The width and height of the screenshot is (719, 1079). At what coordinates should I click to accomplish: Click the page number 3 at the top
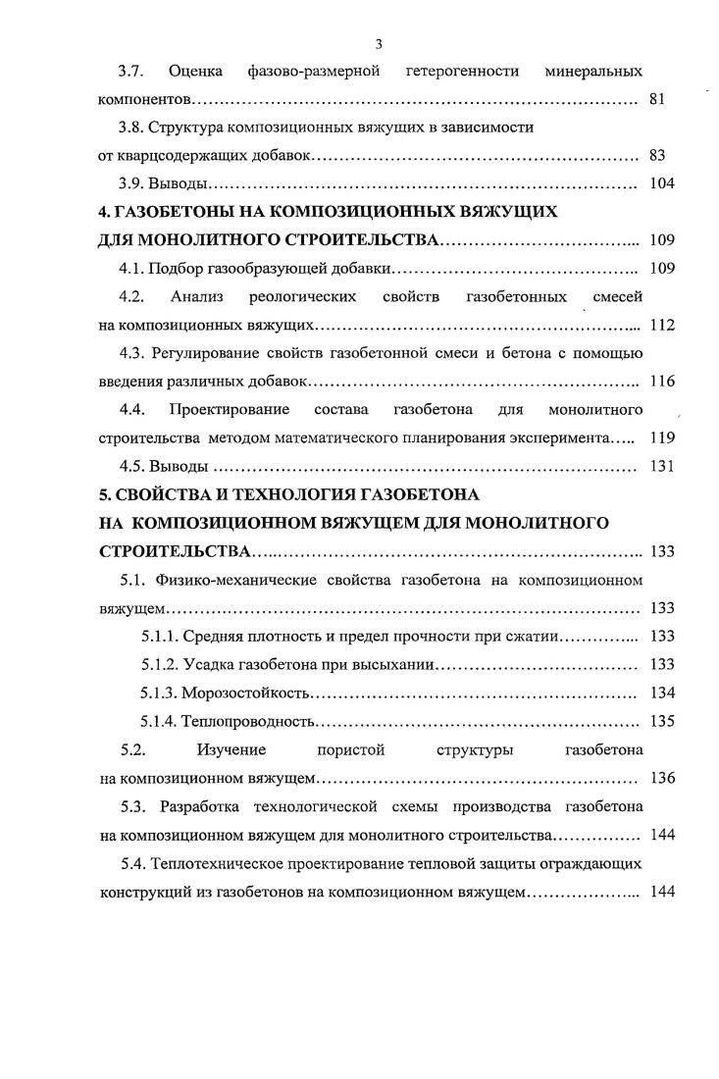click(x=379, y=43)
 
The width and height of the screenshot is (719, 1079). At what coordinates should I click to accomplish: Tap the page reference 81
click(x=657, y=100)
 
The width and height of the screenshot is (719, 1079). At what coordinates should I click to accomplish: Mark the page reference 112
click(x=660, y=325)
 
